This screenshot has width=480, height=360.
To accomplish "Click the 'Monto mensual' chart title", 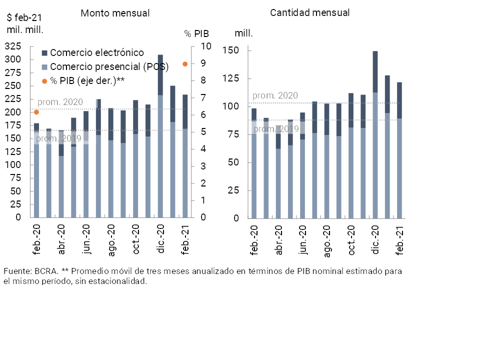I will [x=115, y=13].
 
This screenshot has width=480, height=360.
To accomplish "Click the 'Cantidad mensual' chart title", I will [x=310, y=13].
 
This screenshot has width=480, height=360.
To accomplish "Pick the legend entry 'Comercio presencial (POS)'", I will [x=109, y=66].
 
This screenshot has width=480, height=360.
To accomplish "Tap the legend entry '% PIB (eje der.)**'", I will [x=87, y=80].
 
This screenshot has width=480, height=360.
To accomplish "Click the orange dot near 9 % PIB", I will [x=185, y=64].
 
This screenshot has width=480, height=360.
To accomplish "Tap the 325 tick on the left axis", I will [x=12, y=46].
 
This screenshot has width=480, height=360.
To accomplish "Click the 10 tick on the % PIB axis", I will [x=206, y=46].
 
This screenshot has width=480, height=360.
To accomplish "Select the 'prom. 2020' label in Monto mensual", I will [x=60, y=102].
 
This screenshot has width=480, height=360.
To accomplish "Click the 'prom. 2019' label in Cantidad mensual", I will [x=276, y=129].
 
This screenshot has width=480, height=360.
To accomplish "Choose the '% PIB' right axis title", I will [x=196, y=34].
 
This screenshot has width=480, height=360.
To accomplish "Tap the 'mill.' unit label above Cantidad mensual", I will [x=243, y=33].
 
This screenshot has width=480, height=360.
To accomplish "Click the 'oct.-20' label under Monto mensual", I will [x=135, y=240].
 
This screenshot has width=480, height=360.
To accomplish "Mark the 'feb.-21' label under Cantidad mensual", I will [x=399, y=241].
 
